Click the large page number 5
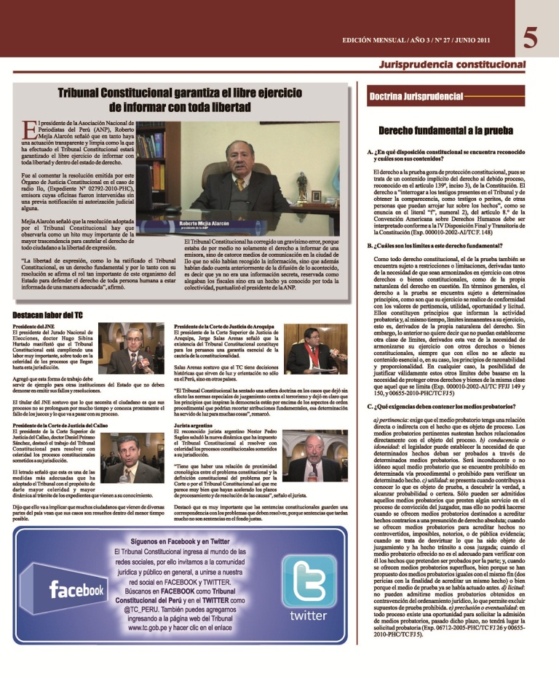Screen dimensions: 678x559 pos(531,37)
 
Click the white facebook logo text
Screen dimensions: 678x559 pos(76,589)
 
